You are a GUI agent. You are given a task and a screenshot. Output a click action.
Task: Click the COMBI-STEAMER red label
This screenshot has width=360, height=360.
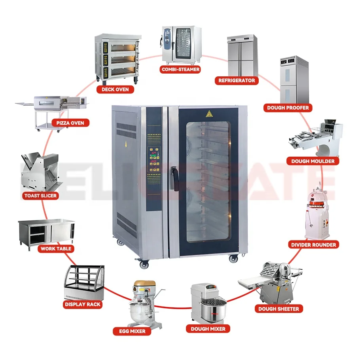180,70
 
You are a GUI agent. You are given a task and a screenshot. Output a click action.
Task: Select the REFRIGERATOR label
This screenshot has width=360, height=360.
237,80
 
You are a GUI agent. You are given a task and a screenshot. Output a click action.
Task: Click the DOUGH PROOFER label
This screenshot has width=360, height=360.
288,107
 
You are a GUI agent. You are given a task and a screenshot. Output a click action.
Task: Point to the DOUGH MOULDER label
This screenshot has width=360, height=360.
313,161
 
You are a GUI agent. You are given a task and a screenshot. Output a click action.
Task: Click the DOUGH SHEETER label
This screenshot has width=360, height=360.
279,309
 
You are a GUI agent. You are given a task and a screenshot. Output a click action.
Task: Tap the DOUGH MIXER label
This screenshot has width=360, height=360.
208,329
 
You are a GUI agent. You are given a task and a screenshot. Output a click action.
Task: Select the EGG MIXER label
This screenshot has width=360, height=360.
132,331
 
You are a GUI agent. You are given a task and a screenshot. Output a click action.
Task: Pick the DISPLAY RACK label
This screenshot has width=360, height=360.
82,304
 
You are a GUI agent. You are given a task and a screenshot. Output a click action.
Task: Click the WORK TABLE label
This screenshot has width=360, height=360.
56,248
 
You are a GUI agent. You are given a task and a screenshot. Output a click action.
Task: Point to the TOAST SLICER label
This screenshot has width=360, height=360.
40,195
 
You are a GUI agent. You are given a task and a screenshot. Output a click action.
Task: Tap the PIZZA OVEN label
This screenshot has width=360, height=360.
70,123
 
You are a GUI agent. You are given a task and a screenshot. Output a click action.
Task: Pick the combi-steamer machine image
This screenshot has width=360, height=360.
181,44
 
